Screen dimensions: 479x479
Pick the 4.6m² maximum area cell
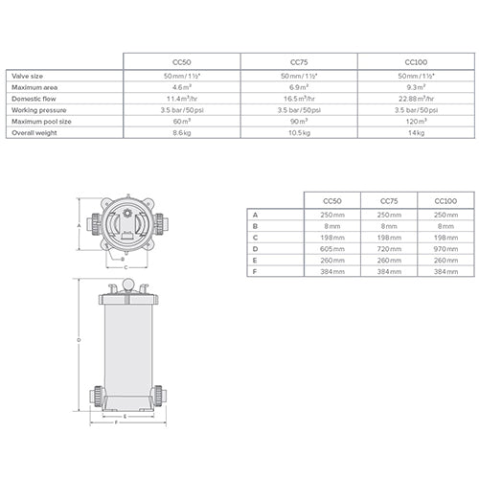coord(182,86)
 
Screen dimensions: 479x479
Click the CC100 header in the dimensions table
coord(445,201)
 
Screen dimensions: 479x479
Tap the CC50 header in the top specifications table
coord(182,59)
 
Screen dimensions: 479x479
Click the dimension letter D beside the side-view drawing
coord(80,339)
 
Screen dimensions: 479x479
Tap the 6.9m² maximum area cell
coord(298,86)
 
